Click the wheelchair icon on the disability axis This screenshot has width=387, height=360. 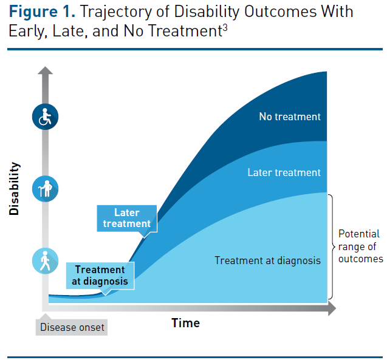click(x=45, y=117)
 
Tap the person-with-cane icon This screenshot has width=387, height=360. click(x=45, y=188)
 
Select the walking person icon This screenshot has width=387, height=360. click(x=45, y=261)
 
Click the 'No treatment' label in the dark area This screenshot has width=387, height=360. click(x=290, y=117)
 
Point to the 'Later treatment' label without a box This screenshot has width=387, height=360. click(x=284, y=172)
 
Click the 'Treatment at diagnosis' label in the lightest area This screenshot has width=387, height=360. click(x=267, y=260)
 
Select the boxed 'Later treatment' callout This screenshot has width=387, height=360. click(x=126, y=218)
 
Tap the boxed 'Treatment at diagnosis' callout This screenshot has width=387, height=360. click(x=100, y=275)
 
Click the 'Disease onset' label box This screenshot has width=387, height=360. click(x=72, y=327)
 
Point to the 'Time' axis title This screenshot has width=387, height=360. click(x=185, y=322)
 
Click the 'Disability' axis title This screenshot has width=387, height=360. click(x=15, y=188)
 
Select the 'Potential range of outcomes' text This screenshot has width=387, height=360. click(x=360, y=246)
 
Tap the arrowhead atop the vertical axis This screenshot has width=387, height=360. click(x=45, y=72)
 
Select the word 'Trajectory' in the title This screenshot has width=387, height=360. click(x=109, y=12)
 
